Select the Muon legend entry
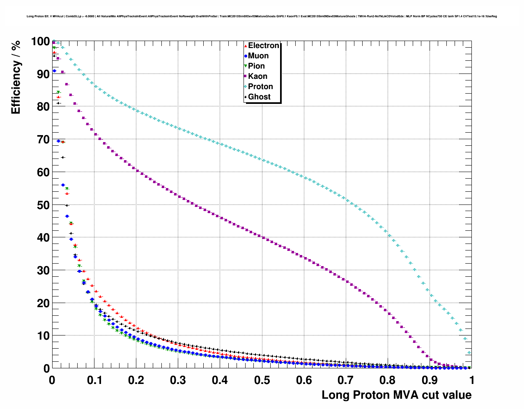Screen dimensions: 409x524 (258, 56)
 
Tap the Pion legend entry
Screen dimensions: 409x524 (256, 66)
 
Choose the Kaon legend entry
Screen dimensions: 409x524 (257, 76)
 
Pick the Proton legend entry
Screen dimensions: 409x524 (260, 87)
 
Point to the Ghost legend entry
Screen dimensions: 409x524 (259, 97)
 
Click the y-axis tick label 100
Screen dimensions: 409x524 (40, 41)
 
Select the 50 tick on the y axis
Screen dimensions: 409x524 (43, 205)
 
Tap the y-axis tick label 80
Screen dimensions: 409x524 (43, 107)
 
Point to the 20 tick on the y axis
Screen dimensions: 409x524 (43, 303)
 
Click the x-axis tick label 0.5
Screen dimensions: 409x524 (262, 380)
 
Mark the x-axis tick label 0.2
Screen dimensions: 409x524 (136, 380)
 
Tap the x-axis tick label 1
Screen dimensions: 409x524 (472, 380)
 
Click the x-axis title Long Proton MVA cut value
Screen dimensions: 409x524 (396, 395)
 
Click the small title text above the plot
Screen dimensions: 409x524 (262, 16)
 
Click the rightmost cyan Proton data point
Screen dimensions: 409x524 (469, 353)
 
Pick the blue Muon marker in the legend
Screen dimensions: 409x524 (246, 56)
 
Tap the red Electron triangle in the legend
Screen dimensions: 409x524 (246, 46)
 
